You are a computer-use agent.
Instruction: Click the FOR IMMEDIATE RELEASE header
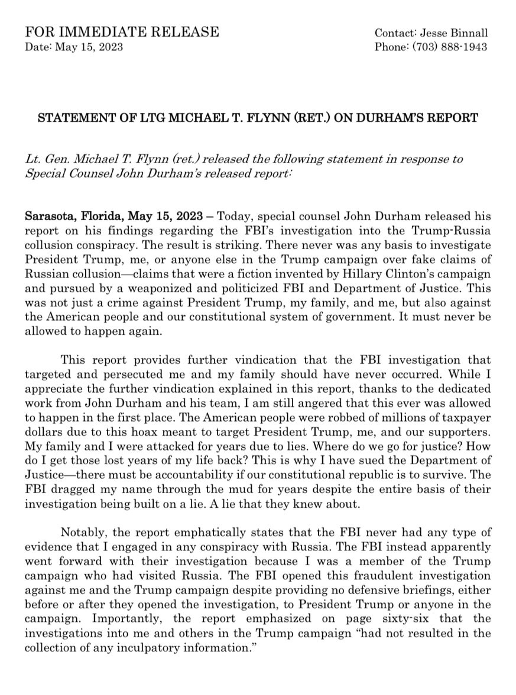click(122, 32)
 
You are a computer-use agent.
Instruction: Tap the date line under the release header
click(74, 47)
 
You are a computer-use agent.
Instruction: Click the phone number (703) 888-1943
click(451, 47)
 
